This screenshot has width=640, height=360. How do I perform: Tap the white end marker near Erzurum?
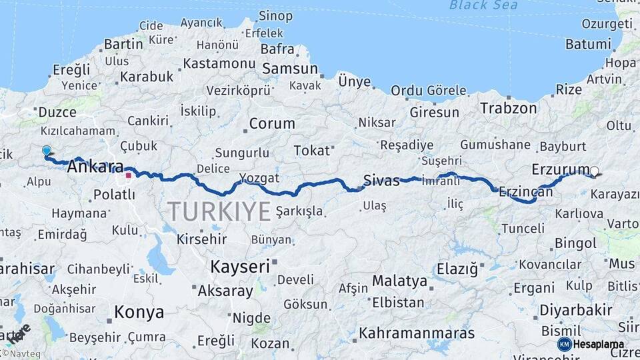[594, 171]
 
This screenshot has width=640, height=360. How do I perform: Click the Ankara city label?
[95, 167]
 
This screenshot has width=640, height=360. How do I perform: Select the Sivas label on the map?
[381, 180]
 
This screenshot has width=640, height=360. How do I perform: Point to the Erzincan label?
[526, 191]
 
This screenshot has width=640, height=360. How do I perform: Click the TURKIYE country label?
[219, 211]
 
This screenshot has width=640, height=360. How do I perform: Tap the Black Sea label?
[474, 5]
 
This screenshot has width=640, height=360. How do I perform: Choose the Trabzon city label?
[508, 108]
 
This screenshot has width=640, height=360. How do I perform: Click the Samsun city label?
[290, 69]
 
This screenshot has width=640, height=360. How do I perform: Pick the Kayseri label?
[240, 267]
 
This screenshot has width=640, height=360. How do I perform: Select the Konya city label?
[139, 311]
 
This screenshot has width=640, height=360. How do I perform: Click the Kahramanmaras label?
[417, 333]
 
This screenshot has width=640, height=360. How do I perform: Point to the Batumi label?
[588, 45]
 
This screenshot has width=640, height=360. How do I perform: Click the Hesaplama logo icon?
[564, 344]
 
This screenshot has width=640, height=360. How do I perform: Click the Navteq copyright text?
[21, 353]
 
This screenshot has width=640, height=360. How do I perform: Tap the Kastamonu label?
[219, 64]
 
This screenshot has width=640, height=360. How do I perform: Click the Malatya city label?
[399, 281]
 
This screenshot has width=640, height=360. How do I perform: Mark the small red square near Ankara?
[128, 177]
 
